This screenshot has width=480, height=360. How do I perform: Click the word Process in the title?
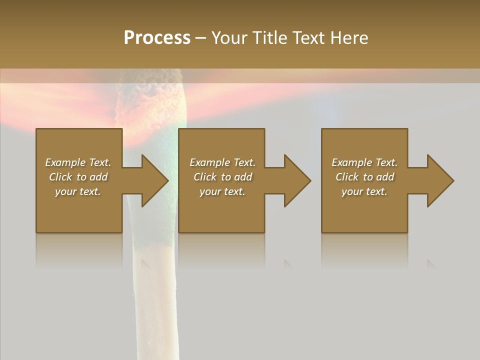point(157,38)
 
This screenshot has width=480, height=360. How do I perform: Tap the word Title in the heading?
point(270,38)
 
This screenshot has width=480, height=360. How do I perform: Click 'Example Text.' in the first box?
point(78,162)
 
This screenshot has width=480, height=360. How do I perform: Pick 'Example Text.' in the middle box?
point(222,162)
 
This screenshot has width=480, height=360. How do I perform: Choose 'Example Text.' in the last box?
point(364,162)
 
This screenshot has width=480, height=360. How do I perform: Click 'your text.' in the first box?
point(78,191)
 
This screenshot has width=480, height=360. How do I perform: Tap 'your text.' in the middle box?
point(222,191)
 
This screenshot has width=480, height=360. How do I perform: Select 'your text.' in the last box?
point(364,191)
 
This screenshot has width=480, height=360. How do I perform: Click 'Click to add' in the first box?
point(78,177)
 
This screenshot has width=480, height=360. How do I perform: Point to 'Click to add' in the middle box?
point(222,177)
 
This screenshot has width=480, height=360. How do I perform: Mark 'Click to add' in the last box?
point(364,177)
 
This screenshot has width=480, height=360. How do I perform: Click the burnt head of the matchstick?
point(150,100)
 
